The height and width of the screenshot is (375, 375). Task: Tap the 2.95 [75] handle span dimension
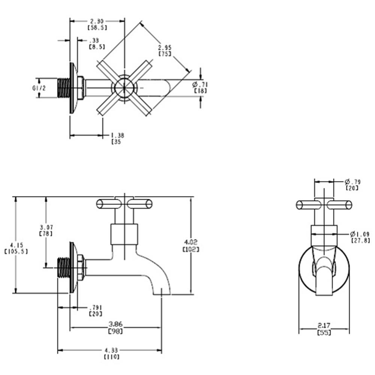165,50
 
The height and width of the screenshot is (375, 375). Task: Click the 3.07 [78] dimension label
46,230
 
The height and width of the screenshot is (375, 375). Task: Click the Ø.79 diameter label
352,184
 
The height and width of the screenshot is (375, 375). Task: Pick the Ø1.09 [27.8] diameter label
360,236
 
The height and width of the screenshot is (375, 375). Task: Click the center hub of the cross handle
124,87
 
